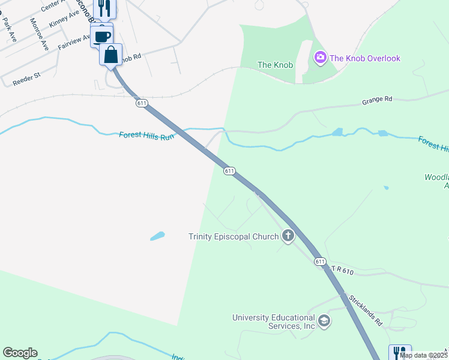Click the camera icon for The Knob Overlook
(x=320, y=58)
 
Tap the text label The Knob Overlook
(x=365, y=58)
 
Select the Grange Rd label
(x=377, y=101)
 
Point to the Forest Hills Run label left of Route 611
(x=146, y=136)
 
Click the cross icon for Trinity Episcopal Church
(x=288, y=236)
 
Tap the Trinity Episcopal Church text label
(x=234, y=236)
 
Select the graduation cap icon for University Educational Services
(x=324, y=321)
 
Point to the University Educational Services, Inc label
(x=274, y=322)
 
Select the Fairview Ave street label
(x=74, y=41)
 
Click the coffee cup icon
(x=102, y=35)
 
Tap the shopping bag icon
(x=111, y=55)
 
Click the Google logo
(x=20, y=353)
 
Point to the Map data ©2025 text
(x=423, y=355)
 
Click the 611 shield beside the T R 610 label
(x=320, y=261)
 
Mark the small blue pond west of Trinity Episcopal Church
(x=157, y=236)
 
